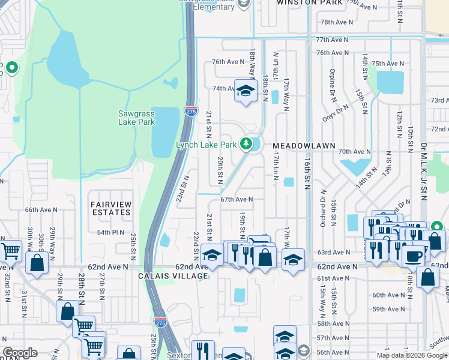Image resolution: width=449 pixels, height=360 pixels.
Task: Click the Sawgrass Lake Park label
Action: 136,118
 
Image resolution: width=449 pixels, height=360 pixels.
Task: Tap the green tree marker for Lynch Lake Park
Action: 246,144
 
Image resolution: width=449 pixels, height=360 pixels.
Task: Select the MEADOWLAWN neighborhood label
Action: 298,146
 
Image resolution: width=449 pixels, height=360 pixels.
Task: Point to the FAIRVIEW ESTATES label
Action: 110,208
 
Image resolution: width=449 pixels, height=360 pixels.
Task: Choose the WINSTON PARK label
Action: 309,3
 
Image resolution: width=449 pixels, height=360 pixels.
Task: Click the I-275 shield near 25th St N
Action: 160,322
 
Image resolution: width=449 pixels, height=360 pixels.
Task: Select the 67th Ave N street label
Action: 237,199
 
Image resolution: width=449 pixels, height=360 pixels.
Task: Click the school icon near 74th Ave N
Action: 244,91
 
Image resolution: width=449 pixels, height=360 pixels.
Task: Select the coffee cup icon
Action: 412,256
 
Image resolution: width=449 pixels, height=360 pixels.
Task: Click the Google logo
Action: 19,353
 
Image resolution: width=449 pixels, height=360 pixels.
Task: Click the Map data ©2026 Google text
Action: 412,355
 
